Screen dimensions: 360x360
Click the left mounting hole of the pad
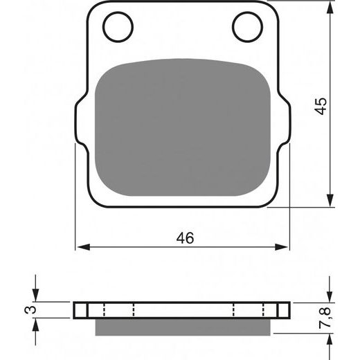pyautogui.click(x=118, y=27)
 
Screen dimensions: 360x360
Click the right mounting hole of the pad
pyautogui.click(x=246, y=27)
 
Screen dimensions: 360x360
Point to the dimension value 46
pyautogui.click(x=183, y=238)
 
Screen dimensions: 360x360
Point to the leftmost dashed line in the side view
pyautogui.click(x=103, y=309)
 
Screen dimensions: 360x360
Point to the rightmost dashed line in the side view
pyautogui.click(x=262, y=309)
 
